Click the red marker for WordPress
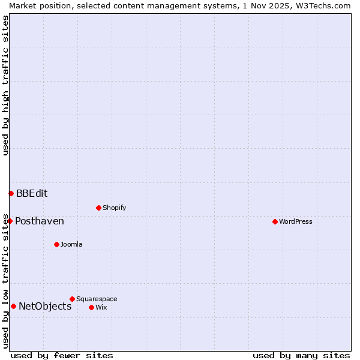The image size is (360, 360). pos(275,221)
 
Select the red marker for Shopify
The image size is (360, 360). pos(98,208)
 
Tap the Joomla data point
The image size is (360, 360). pos(56,244)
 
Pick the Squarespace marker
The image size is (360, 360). pos(72,299)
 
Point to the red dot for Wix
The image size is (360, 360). pos(91,307)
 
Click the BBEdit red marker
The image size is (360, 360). pos(11,193)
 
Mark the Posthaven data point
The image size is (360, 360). pos(10,221)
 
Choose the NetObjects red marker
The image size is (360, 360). pos(13,306)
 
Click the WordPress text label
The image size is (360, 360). pos(296,221)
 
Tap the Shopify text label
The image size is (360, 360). pos(114,208)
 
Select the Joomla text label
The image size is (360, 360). pos(71,244)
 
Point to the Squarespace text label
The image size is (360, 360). pos(97,299)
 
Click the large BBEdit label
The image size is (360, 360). pos(32,193)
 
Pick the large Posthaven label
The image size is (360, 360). pos(40,221)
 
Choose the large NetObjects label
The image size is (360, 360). pos(45,306)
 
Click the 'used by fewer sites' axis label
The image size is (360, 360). pos(62,355)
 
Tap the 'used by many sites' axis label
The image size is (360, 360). pos(301,355)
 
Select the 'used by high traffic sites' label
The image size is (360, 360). pos(5,85)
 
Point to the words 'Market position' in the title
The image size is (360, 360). pos(37,5)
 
